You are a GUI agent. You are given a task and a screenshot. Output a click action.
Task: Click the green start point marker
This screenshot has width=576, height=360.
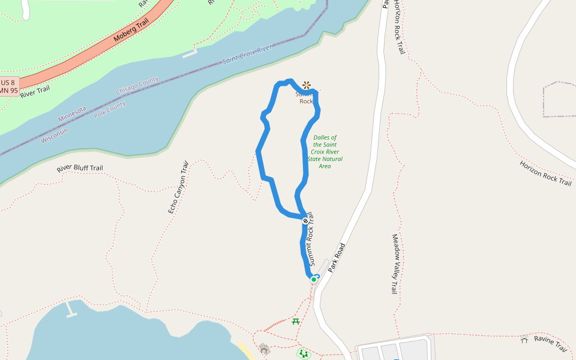(x=313, y=280)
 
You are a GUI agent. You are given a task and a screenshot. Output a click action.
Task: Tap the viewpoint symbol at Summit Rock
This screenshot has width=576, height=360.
(x=307, y=85)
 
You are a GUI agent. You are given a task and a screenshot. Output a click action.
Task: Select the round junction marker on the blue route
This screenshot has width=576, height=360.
(x=305, y=221)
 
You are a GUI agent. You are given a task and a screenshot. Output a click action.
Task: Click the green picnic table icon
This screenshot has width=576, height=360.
(x=296, y=322)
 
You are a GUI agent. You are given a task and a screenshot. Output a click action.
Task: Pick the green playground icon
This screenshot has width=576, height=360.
(x=304, y=354)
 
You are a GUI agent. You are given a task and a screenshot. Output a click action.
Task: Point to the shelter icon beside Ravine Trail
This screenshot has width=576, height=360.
(x=524, y=340)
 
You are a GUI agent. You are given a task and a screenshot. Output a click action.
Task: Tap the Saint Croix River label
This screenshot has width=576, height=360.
(x=247, y=55)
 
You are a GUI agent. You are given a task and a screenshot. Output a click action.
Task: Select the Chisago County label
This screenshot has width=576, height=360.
(x=137, y=85)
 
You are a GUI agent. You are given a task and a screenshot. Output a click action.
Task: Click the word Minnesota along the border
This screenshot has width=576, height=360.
(x=72, y=114)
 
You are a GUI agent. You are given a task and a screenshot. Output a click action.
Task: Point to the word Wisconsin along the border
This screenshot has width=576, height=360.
(x=55, y=135)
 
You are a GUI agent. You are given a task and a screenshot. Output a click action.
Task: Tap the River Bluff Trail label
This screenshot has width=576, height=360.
(x=80, y=169)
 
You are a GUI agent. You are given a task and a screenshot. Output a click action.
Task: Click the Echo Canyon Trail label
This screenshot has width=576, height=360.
(x=178, y=187)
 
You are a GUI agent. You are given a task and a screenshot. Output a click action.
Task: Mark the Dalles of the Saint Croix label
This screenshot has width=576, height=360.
(x=325, y=151)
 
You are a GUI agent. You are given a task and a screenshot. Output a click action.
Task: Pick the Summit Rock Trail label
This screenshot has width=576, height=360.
(x=310, y=239)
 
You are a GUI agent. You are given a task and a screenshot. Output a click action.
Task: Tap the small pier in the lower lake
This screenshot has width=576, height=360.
(x=71, y=310)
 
